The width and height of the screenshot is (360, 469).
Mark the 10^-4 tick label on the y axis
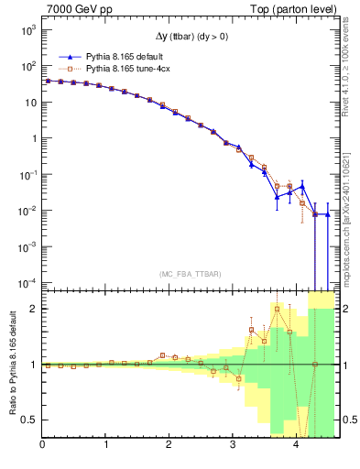28,282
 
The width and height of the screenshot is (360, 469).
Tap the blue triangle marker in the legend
65,56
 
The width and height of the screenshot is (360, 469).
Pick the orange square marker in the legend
65,68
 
